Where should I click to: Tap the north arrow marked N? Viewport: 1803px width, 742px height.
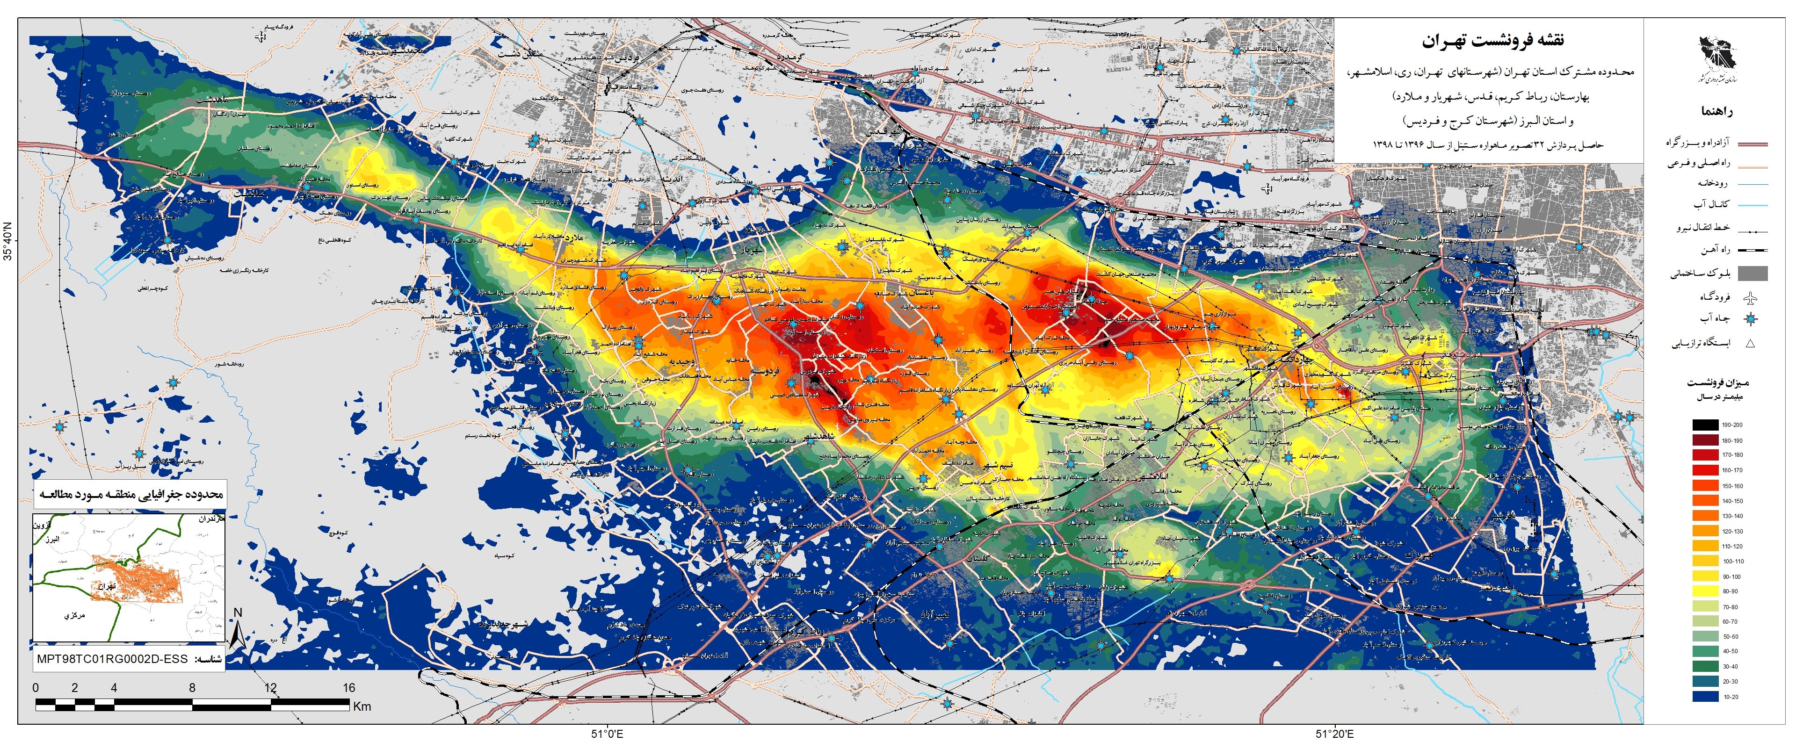(237, 628)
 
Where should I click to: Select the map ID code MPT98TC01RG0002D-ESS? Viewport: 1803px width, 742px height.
(112, 659)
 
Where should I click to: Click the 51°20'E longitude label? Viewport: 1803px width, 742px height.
(1334, 734)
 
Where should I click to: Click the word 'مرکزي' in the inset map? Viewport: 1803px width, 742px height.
(74, 615)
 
